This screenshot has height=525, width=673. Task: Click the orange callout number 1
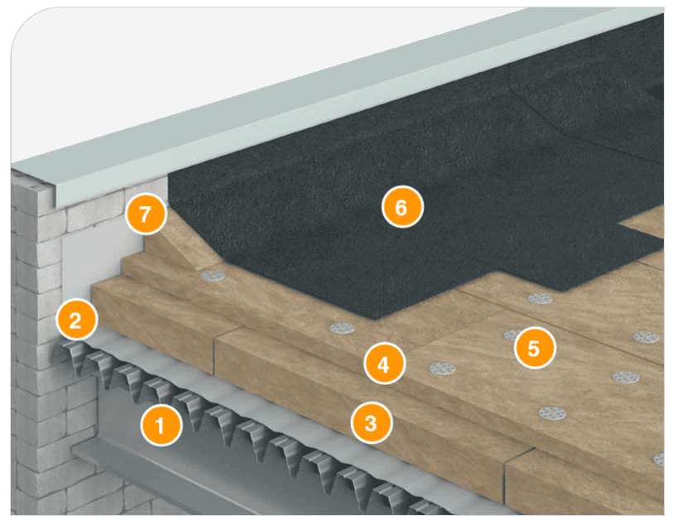(161, 426)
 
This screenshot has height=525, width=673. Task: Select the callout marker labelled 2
(76, 320)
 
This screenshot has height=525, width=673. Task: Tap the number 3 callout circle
(371, 423)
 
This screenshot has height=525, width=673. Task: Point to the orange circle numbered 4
(384, 364)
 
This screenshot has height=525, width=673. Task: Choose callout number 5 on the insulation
(535, 348)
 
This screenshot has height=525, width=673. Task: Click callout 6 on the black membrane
(402, 207)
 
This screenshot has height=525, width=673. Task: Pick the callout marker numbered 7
(146, 214)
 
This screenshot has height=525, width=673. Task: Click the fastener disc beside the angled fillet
(213, 276)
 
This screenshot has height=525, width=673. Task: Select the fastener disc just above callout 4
(342, 329)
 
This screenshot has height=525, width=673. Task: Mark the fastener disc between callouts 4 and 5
(442, 368)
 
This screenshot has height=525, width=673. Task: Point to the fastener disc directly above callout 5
(540, 298)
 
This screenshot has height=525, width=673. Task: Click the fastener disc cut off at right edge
(659, 460)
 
